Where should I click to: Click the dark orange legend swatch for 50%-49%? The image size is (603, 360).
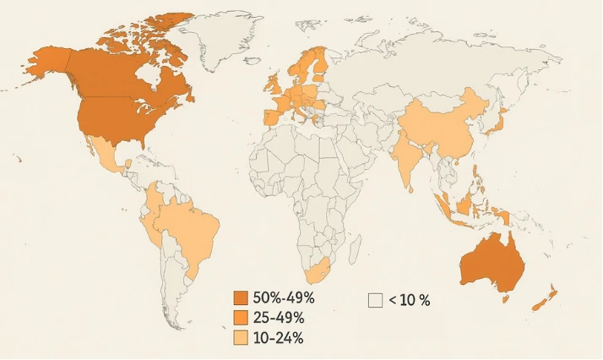[x=241, y=297]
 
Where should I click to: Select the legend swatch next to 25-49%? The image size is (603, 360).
[x=241, y=318]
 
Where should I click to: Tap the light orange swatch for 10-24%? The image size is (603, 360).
[x=241, y=337]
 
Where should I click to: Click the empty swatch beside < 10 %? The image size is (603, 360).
[x=376, y=299]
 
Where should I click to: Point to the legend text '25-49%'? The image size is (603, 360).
[x=279, y=318]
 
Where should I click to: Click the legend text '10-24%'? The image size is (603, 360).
[x=278, y=338]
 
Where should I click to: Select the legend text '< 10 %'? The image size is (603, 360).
[x=410, y=299]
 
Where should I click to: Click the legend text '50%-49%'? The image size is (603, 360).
[x=284, y=297]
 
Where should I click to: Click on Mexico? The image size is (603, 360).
[x=106, y=156]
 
